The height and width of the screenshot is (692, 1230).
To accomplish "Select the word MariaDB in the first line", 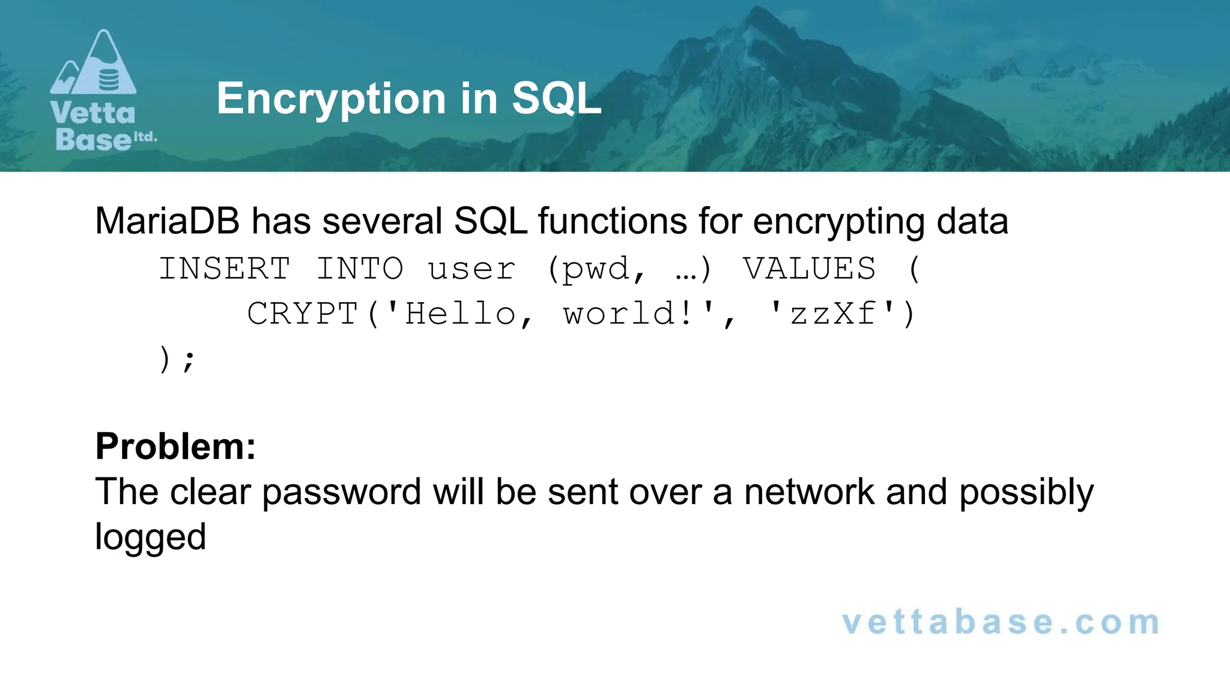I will click(x=167, y=221).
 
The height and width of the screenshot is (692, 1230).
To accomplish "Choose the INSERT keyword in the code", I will click(x=225, y=269).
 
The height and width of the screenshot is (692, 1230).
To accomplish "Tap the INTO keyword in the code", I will click(x=359, y=269).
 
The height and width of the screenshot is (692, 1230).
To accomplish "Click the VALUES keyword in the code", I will click(x=809, y=269).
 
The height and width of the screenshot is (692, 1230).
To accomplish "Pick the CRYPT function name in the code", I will click(x=303, y=314).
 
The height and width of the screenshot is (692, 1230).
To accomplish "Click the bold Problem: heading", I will click(x=175, y=446).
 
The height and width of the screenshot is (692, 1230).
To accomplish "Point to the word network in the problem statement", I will click(x=809, y=491).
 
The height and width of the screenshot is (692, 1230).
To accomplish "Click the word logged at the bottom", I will click(x=150, y=537).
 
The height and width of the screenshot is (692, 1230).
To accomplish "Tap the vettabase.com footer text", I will click(x=1001, y=622).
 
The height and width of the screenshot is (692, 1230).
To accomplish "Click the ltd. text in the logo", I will click(x=145, y=137).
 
